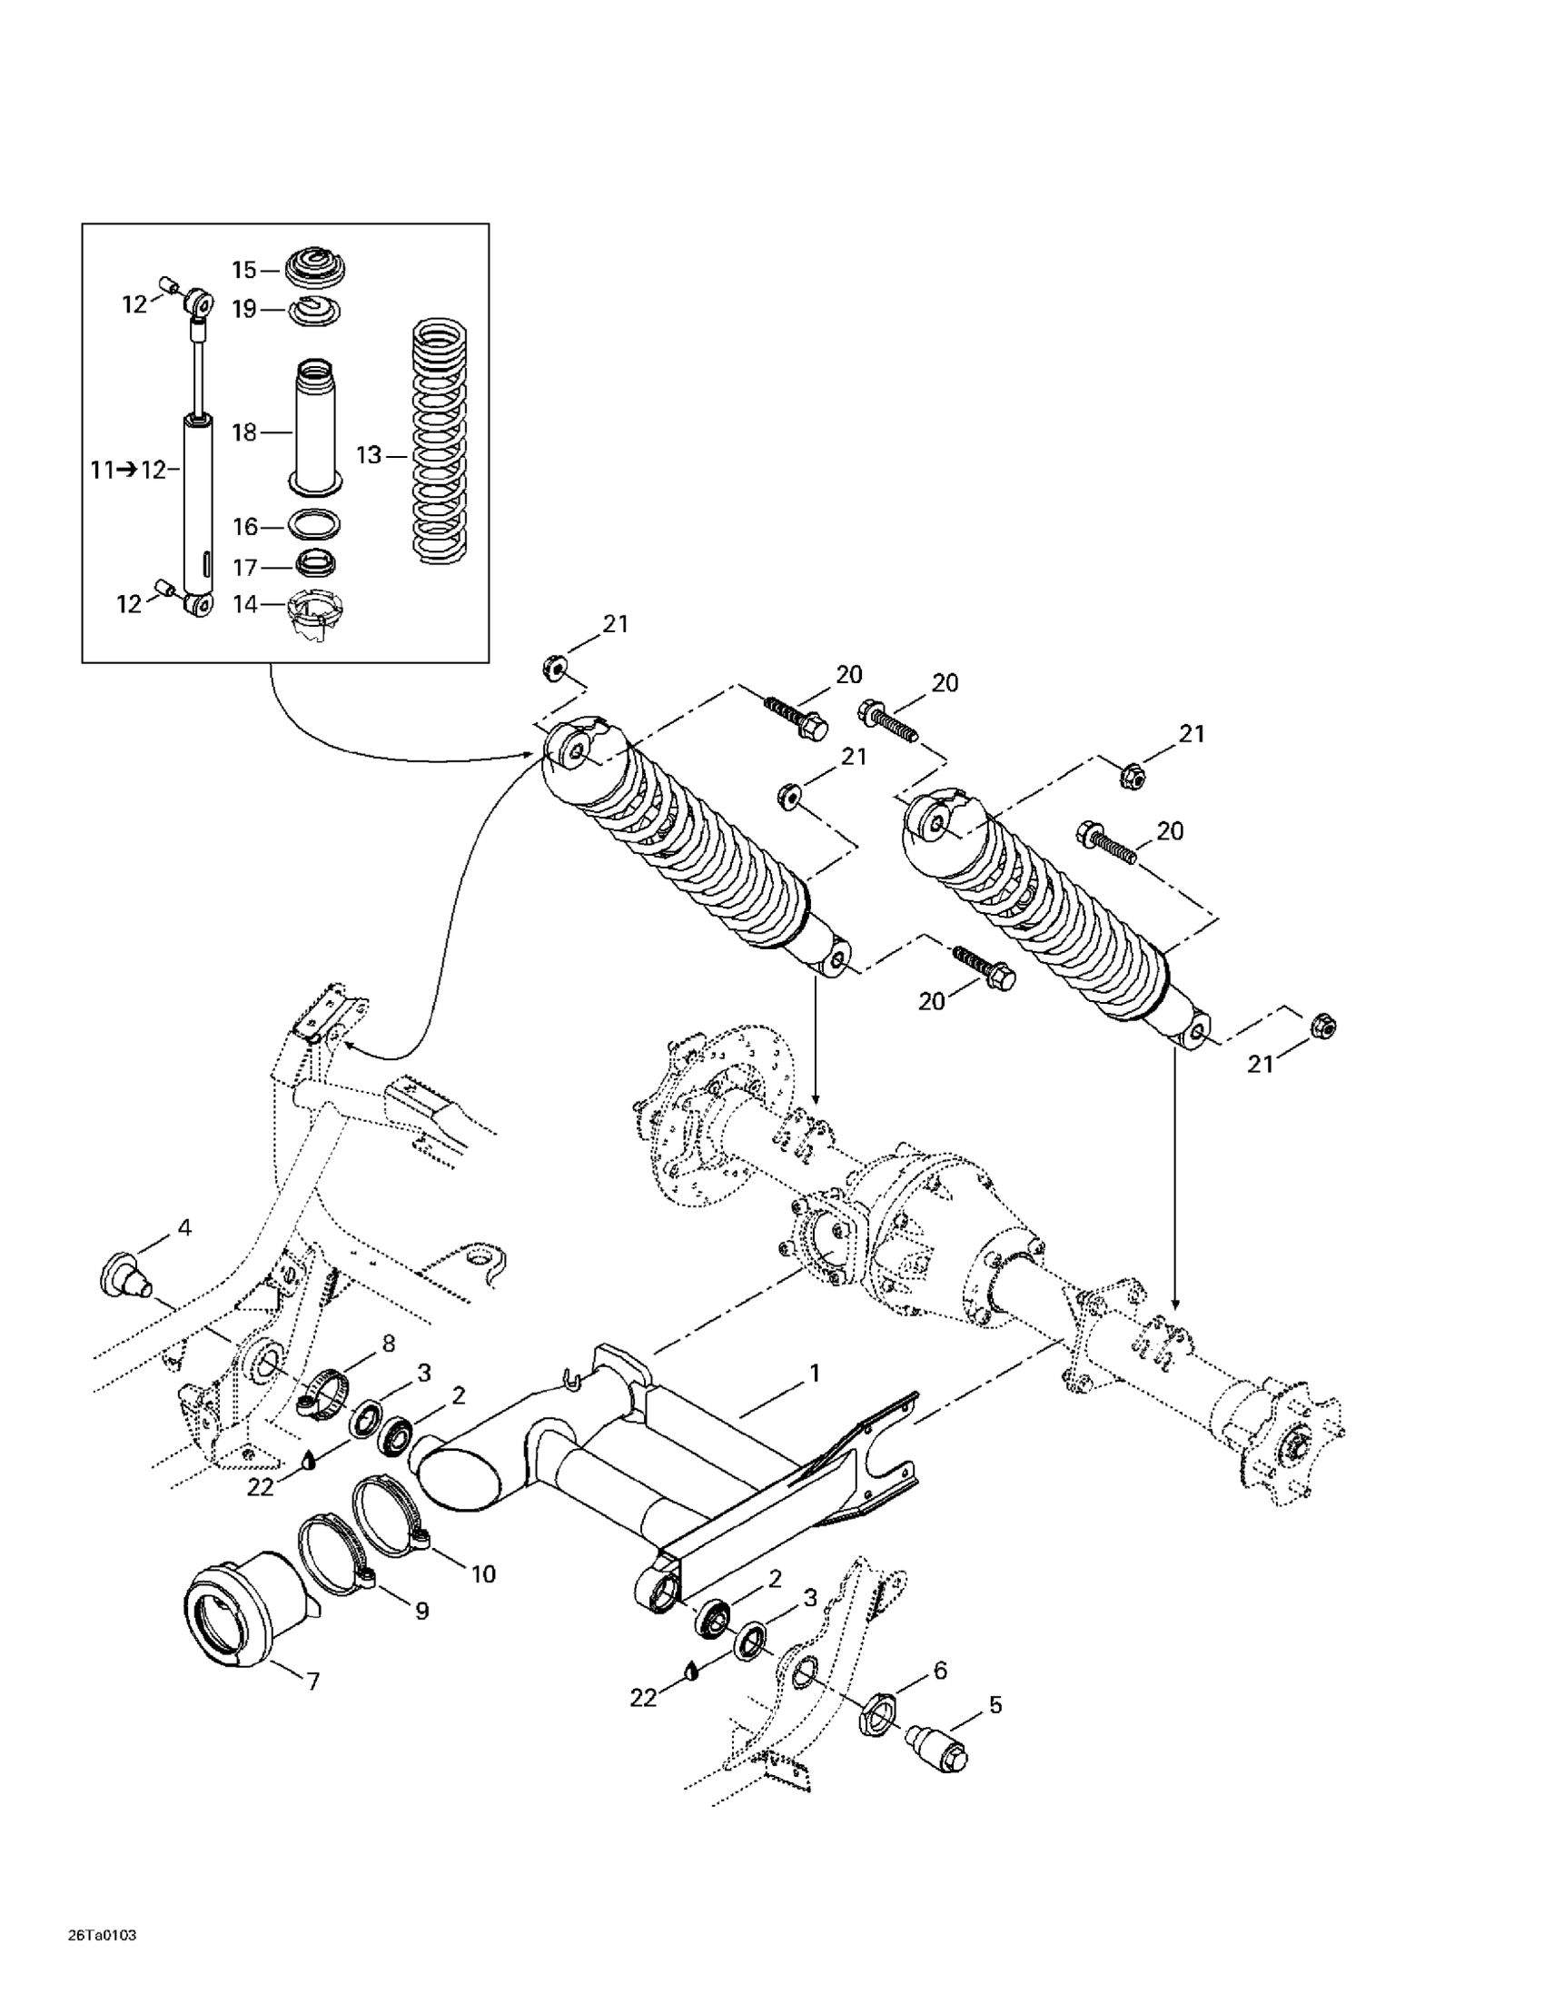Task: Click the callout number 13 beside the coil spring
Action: pyautogui.click(x=368, y=455)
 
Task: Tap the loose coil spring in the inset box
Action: pyautogui.click(x=440, y=439)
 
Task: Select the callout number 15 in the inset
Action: pyautogui.click(x=244, y=270)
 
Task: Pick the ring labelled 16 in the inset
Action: pyautogui.click(x=315, y=525)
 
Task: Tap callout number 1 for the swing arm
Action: pyautogui.click(x=813, y=1374)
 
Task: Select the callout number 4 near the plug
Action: pyautogui.click(x=184, y=1226)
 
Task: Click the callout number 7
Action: pyautogui.click(x=312, y=1682)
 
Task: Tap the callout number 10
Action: pyautogui.click(x=482, y=1574)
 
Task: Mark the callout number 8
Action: pyautogui.click(x=388, y=1344)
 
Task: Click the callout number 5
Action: pyautogui.click(x=995, y=1705)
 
